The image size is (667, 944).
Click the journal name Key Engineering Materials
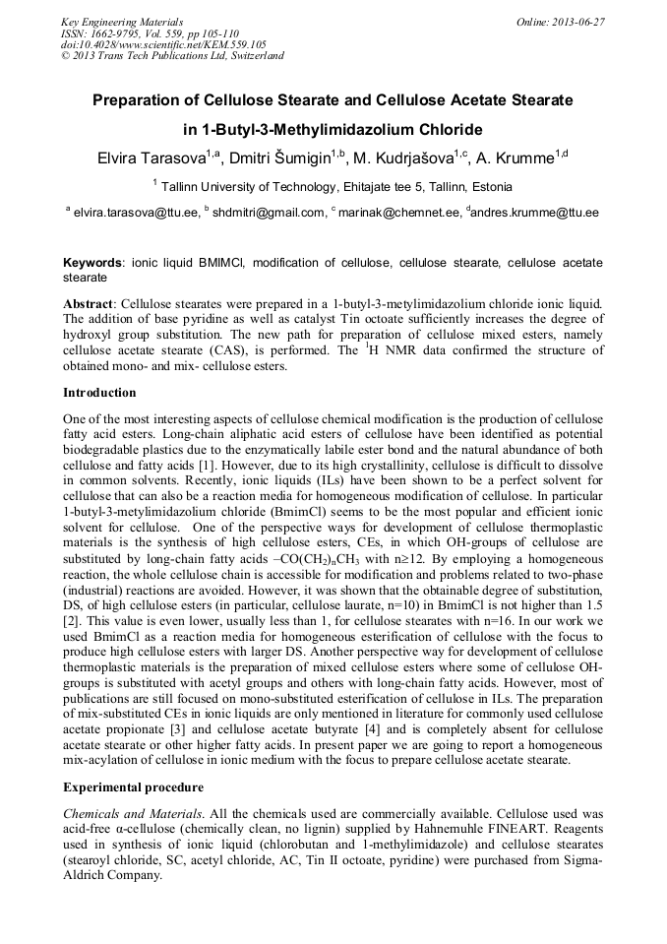pyautogui.click(x=122, y=21)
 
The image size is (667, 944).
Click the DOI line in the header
pyautogui.click(x=163, y=44)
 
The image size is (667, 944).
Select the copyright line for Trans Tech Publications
pyautogui.click(x=172, y=56)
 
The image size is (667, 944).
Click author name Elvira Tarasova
pyautogui.click(x=148, y=157)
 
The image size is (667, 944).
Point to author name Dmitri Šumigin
pyautogui.click(x=278, y=157)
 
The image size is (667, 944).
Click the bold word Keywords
pyautogui.click(x=92, y=264)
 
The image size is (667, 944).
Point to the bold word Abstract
pyautogui.click(x=90, y=305)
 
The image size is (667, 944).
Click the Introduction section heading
pyautogui.click(x=99, y=393)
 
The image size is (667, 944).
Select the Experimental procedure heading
pyautogui.click(x=133, y=787)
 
